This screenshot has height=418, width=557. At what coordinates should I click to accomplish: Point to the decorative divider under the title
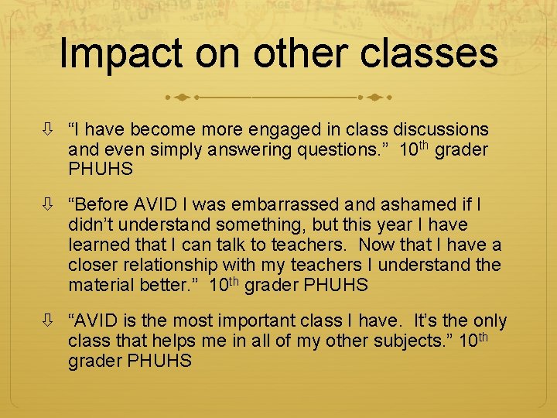278,98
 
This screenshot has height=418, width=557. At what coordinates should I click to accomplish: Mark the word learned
98,245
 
